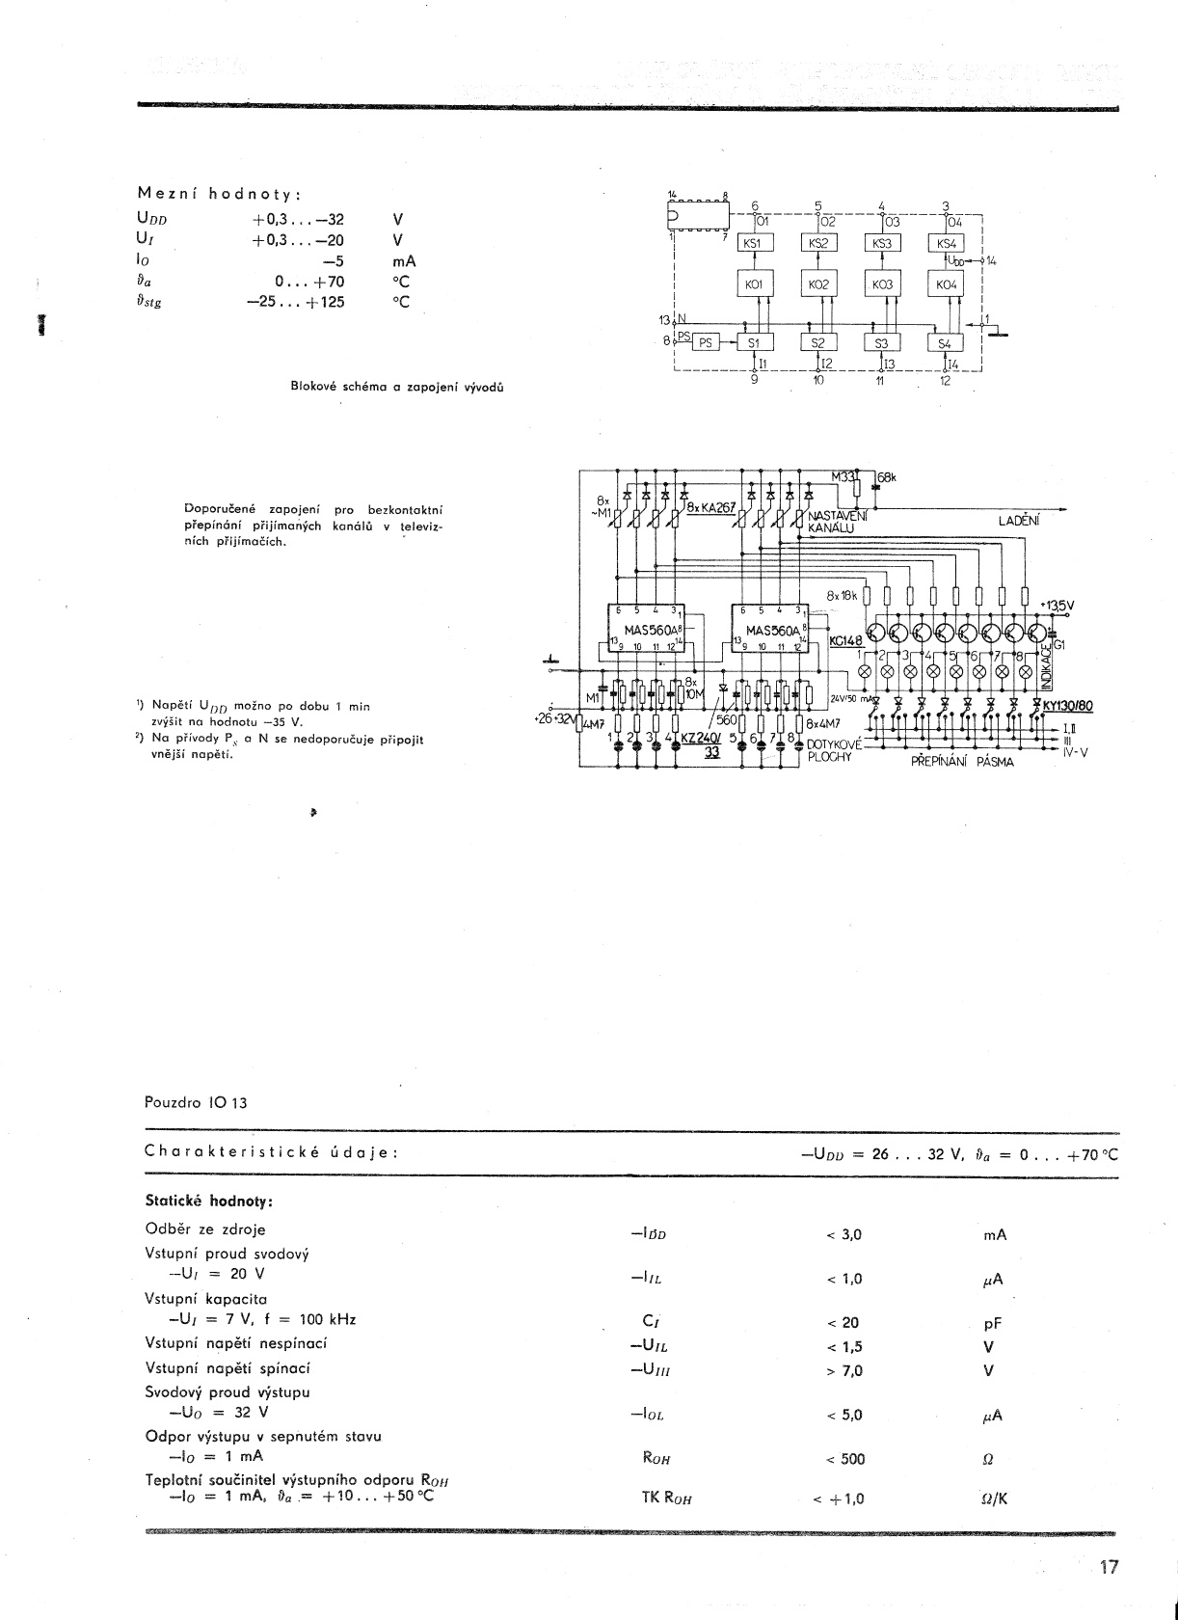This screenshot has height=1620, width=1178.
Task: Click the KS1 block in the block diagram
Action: [x=753, y=243]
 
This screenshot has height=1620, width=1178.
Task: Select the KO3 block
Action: [x=882, y=285]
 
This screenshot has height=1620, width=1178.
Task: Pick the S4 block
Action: [x=945, y=343]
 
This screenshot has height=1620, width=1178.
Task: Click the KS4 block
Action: [x=946, y=243]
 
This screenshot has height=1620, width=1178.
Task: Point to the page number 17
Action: [x=1109, y=1567]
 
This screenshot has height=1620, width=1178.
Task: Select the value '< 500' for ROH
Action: [x=845, y=1459]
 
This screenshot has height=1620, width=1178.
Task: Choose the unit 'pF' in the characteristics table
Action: [x=992, y=1325]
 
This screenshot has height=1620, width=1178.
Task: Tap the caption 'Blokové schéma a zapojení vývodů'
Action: [x=397, y=387]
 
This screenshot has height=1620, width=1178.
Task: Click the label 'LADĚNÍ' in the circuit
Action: [x=1018, y=521]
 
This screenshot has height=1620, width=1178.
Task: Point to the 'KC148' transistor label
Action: [x=845, y=639]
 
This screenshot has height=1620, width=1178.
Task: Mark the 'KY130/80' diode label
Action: [x=1067, y=705]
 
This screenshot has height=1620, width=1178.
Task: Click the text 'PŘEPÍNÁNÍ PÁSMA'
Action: [x=962, y=761]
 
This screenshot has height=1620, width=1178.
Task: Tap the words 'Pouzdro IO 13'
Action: [x=196, y=1102]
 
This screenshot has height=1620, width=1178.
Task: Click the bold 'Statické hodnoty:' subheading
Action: [x=209, y=1201]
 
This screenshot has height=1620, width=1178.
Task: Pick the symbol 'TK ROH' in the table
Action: [x=667, y=1498]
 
